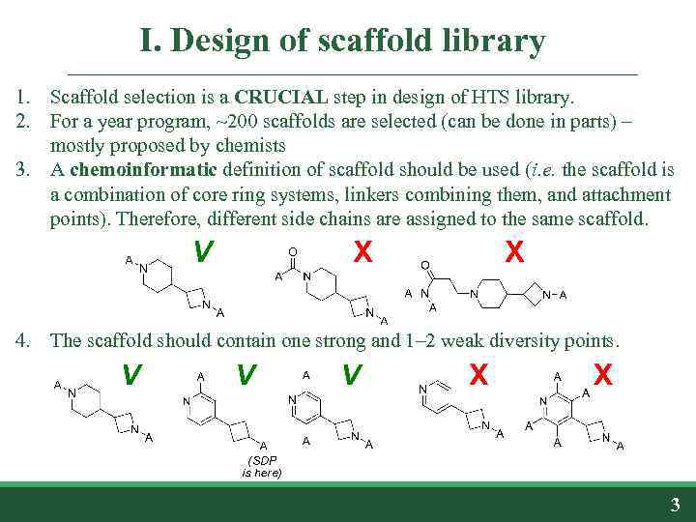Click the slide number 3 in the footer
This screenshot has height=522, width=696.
click(675, 504)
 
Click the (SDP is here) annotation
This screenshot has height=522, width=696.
click(261, 466)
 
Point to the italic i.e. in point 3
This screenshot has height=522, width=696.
click(536, 170)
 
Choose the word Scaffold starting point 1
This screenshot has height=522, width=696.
click(83, 98)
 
